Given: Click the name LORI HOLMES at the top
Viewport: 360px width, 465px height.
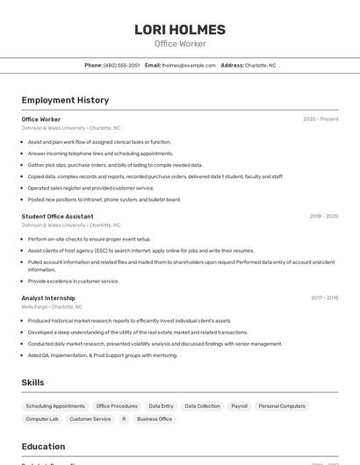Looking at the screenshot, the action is pos(179,30).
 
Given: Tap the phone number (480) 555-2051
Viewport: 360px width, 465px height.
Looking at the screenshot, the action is pos(121,65).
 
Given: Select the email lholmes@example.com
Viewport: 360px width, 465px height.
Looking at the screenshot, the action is pos(189,65).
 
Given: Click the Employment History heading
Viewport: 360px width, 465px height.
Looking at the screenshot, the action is pos(65,100).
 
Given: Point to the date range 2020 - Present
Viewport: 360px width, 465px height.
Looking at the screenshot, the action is pos(320,119).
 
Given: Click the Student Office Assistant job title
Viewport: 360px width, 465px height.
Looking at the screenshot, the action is pos(57,216).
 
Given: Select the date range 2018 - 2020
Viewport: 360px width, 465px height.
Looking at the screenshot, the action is pos(323,216).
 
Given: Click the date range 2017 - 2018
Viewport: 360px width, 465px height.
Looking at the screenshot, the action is pos(324,297).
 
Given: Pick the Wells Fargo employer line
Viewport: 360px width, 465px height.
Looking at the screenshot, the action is pos(52,307).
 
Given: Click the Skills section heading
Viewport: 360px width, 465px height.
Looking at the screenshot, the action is pos(32,383).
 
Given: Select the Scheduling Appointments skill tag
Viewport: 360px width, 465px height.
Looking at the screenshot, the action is pos(55,406).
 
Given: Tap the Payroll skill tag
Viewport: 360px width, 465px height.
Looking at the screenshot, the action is pos(239,406).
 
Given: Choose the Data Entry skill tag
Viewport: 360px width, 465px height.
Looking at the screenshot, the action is pos(161,406).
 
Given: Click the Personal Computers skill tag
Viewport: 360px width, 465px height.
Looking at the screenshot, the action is pos(282,406).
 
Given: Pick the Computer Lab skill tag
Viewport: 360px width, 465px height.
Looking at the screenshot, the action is pos(42,419).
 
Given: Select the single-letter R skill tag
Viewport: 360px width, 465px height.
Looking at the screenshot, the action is pos(124,419).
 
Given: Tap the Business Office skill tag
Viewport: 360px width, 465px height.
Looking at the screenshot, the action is pos(155,419).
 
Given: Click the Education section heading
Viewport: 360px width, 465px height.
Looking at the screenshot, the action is pos(43,447).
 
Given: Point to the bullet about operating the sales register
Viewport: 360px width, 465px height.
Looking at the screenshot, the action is pos(90,188).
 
